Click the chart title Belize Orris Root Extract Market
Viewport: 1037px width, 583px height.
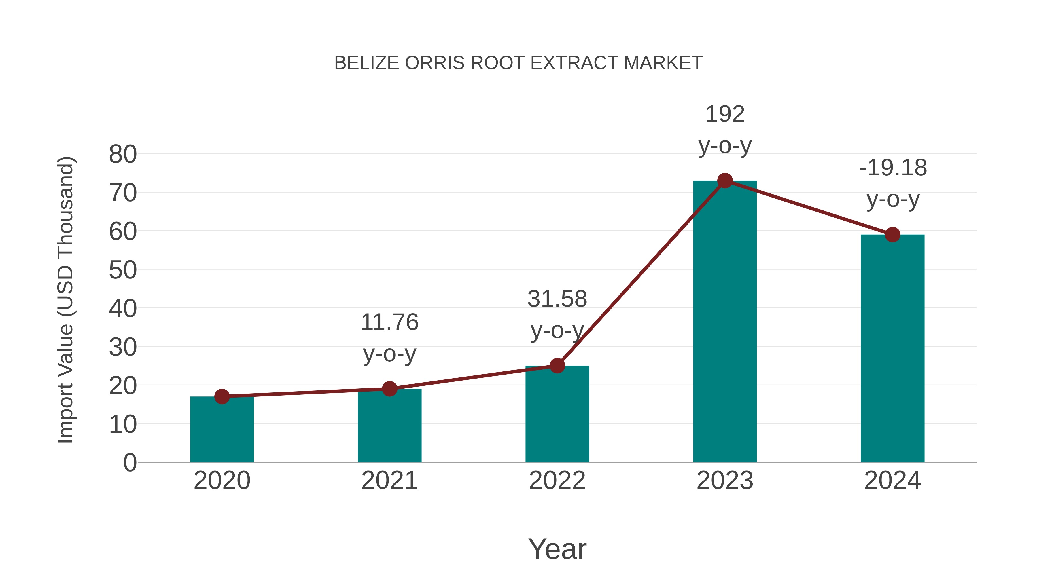pos(518,63)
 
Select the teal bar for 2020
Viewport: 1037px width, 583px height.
pos(222,430)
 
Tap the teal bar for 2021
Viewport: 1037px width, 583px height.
pos(389,426)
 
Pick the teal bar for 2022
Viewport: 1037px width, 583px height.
pos(557,414)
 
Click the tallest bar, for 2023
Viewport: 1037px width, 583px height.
pos(725,322)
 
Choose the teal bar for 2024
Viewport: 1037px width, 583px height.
pos(892,350)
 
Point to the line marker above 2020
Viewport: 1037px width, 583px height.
pos(222,397)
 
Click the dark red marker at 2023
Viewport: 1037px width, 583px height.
pos(725,181)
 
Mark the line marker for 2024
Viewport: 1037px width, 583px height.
pos(892,235)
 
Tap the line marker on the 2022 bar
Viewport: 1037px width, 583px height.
pos(557,366)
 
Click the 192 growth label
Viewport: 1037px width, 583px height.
pos(725,115)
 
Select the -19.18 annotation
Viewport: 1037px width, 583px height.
pos(892,168)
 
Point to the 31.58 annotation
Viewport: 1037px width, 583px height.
pos(557,299)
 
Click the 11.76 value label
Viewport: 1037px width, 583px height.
pos(389,323)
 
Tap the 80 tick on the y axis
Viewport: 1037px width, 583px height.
pos(123,155)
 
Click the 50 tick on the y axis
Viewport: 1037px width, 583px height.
pos(123,270)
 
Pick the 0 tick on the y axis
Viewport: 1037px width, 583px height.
pos(130,463)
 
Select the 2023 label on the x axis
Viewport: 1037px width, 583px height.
pos(725,481)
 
